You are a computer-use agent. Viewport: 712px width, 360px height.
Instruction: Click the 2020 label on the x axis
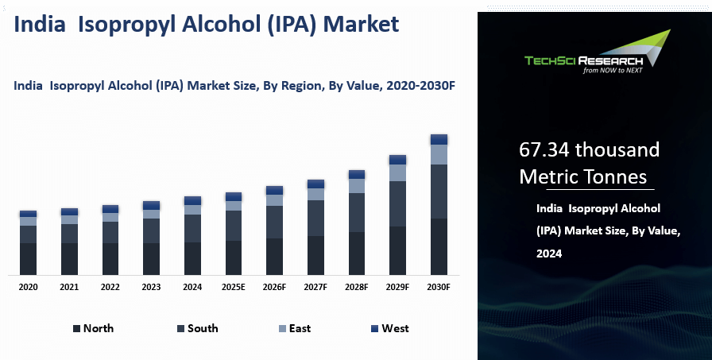[28, 287]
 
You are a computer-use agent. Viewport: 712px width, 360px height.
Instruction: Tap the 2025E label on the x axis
[233, 287]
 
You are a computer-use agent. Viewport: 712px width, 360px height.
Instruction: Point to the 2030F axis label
[439, 287]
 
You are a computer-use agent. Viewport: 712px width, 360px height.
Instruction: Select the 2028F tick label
[357, 287]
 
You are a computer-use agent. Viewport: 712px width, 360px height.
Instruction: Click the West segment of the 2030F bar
[439, 139]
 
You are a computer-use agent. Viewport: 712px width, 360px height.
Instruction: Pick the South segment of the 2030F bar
[439, 192]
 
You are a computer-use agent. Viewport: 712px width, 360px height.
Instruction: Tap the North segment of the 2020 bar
[28, 259]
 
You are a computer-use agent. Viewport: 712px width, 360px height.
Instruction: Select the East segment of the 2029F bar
[397, 172]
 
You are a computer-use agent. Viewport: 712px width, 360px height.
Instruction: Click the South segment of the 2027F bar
[315, 218]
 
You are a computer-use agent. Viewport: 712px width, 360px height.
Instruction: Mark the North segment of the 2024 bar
[192, 258]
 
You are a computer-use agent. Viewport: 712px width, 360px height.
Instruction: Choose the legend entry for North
[94, 328]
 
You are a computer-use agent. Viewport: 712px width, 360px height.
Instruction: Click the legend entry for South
[197, 328]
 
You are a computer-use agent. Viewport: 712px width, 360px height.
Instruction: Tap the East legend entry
[295, 328]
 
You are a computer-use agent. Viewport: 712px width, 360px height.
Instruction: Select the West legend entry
[390, 328]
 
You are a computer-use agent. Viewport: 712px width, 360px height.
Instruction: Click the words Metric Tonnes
[582, 176]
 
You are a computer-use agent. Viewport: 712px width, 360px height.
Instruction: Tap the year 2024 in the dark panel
[549, 254]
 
